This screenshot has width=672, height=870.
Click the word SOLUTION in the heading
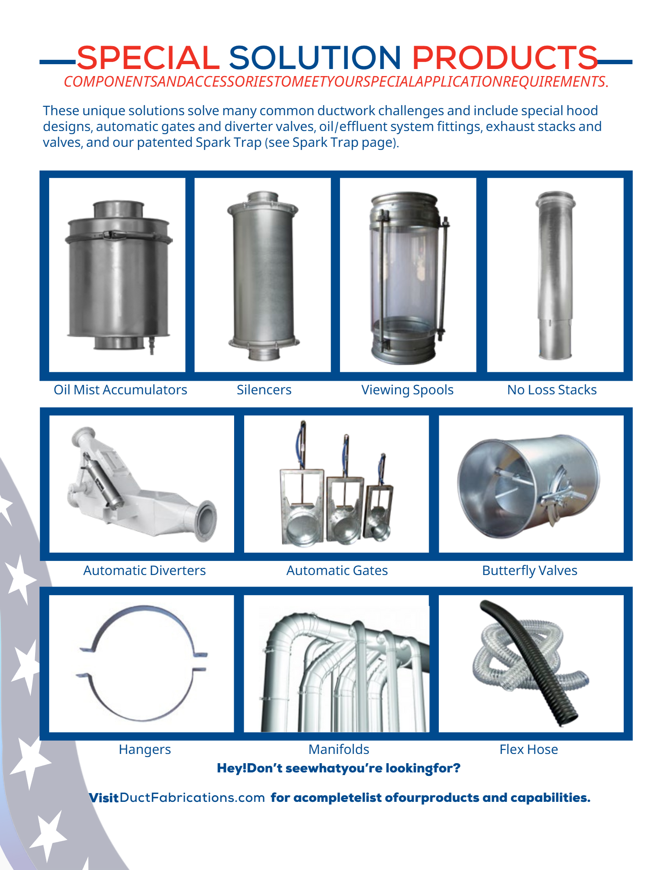tap(315, 58)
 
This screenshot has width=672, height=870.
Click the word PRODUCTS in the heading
tap(505, 58)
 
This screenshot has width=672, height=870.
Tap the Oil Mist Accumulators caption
tap(120, 390)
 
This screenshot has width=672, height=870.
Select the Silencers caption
tap(264, 390)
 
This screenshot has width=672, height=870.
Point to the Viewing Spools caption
tap(407, 390)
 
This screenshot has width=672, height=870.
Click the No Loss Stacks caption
tap(552, 390)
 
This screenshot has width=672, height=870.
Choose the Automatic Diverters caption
tap(145, 571)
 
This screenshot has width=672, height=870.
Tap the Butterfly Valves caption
tap(530, 571)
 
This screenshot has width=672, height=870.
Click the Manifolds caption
tap(339, 750)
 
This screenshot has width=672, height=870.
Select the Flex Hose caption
tap(529, 750)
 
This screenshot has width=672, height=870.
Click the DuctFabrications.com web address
tap(192, 798)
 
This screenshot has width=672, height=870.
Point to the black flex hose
tap(530, 664)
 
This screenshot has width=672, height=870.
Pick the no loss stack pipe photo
tap(555, 275)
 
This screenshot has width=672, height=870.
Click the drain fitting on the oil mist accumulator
tap(152, 345)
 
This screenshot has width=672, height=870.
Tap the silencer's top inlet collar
tap(263, 197)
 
